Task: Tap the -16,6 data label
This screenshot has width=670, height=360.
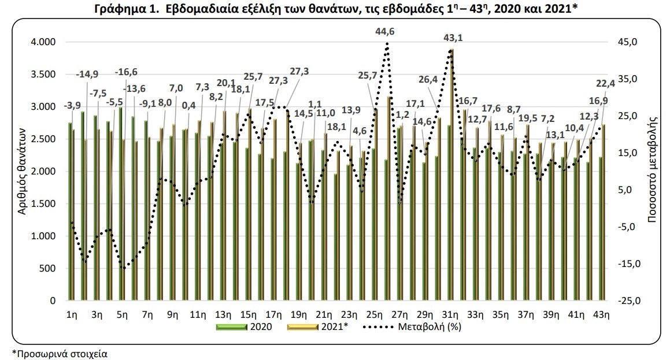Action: tap(127, 72)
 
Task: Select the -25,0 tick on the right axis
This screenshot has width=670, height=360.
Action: tap(627, 301)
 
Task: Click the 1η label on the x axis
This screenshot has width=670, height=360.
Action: tap(72, 315)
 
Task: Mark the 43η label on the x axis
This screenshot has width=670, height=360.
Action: tap(601, 315)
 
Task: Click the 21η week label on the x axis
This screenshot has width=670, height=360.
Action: tap(324, 315)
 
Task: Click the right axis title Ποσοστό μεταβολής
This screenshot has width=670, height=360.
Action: tap(654, 171)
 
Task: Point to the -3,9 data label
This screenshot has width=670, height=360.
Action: tap(72, 106)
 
